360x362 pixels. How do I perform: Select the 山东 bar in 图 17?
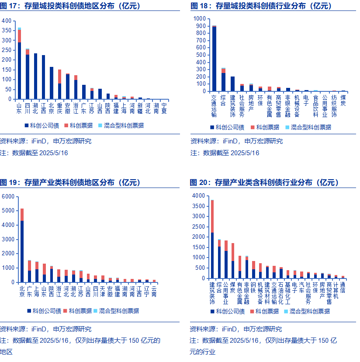(19, 66)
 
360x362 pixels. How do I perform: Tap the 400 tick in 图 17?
(7, 21)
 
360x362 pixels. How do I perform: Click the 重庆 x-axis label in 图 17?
(59, 108)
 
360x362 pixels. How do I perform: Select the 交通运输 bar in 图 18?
(214, 59)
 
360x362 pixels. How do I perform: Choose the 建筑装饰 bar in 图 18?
(232, 84)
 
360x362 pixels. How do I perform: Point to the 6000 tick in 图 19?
(9, 196)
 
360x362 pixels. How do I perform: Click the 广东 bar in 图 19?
(30, 271)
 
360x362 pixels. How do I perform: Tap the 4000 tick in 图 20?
(199, 195)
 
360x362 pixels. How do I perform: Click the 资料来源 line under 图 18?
(236, 141)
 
